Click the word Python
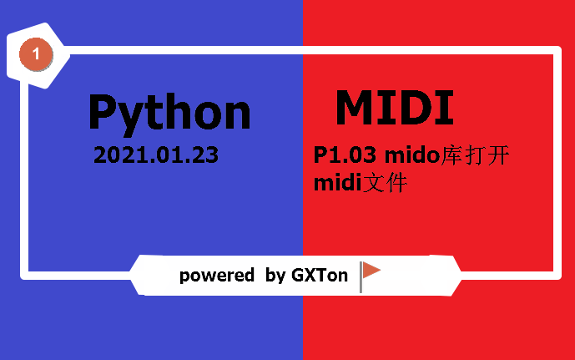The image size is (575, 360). pos(169,113)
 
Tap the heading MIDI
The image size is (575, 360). pos(394,107)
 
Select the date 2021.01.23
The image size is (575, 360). pos(156,155)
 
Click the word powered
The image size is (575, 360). pos(216,275)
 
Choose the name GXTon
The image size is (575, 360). pos(320,275)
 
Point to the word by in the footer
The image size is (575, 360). pos(275,276)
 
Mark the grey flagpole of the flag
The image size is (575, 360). pos(361,276)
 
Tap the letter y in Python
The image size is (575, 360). pos(139,117)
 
